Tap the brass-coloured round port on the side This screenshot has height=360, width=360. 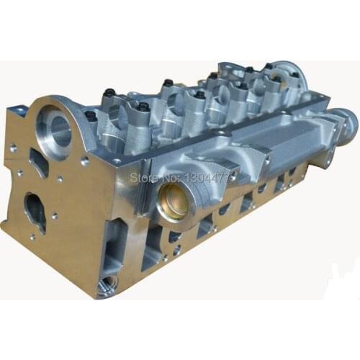pyautogui.click(x=172, y=201)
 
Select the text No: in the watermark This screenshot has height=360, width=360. pyautogui.click(x=171, y=176)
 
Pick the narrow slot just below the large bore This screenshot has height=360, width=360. pyautogui.click(x=40, y=164)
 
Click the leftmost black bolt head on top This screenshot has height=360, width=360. pyautogui.click(x=91, y=114)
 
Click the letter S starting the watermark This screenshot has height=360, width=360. pyautogui.click(x=131, y=176)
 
